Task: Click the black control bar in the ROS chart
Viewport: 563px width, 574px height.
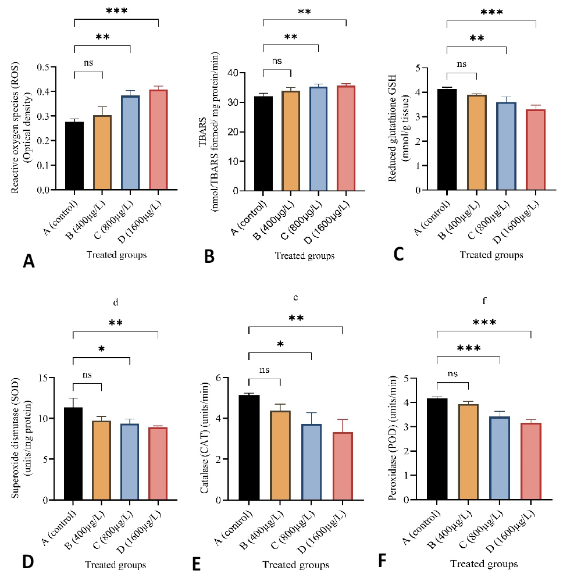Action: click(x=74, y=156)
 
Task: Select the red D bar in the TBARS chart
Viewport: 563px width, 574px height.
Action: click(x=346, y=138)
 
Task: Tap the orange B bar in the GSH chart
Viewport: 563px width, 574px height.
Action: click(x=476, y=142)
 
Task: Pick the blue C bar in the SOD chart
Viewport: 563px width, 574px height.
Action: click(x=130, y=462)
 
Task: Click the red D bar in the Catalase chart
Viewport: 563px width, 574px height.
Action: click(x=343, y=466)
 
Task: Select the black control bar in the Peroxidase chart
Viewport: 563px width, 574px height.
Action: click(x=437, y=449)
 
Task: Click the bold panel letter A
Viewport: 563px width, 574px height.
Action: click(x=28, y=261)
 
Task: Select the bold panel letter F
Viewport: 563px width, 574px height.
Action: click(x=382, y=561)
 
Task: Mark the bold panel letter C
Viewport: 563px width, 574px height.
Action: click(x=398, y=254)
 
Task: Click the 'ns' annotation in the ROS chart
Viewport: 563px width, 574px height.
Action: click(x=88, y=63)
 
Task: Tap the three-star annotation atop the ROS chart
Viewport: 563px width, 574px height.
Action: click(x=117, y=10)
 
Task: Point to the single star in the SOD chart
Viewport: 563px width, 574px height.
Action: click(x=101, y=349)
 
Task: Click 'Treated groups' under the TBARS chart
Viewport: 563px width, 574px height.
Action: click(x=305, y=255)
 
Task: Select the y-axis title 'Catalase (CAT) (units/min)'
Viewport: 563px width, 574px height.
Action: click(x=204, y=438)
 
